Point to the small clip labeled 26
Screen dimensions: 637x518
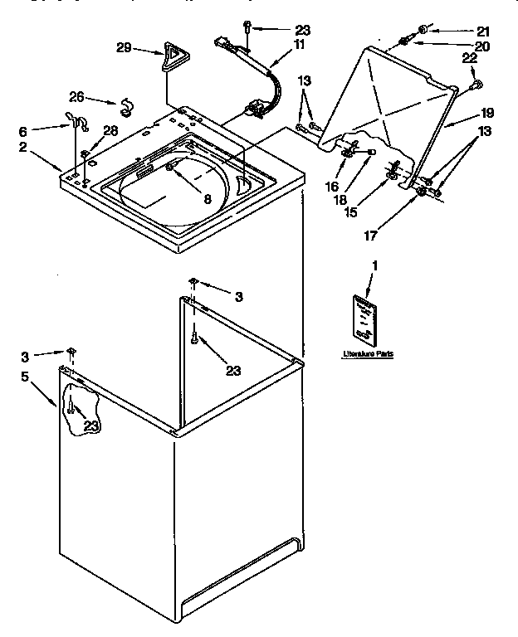tap(127, 104)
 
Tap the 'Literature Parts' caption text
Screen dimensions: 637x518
tap(368, 354)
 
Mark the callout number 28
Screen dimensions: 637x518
tap(110, 130)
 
